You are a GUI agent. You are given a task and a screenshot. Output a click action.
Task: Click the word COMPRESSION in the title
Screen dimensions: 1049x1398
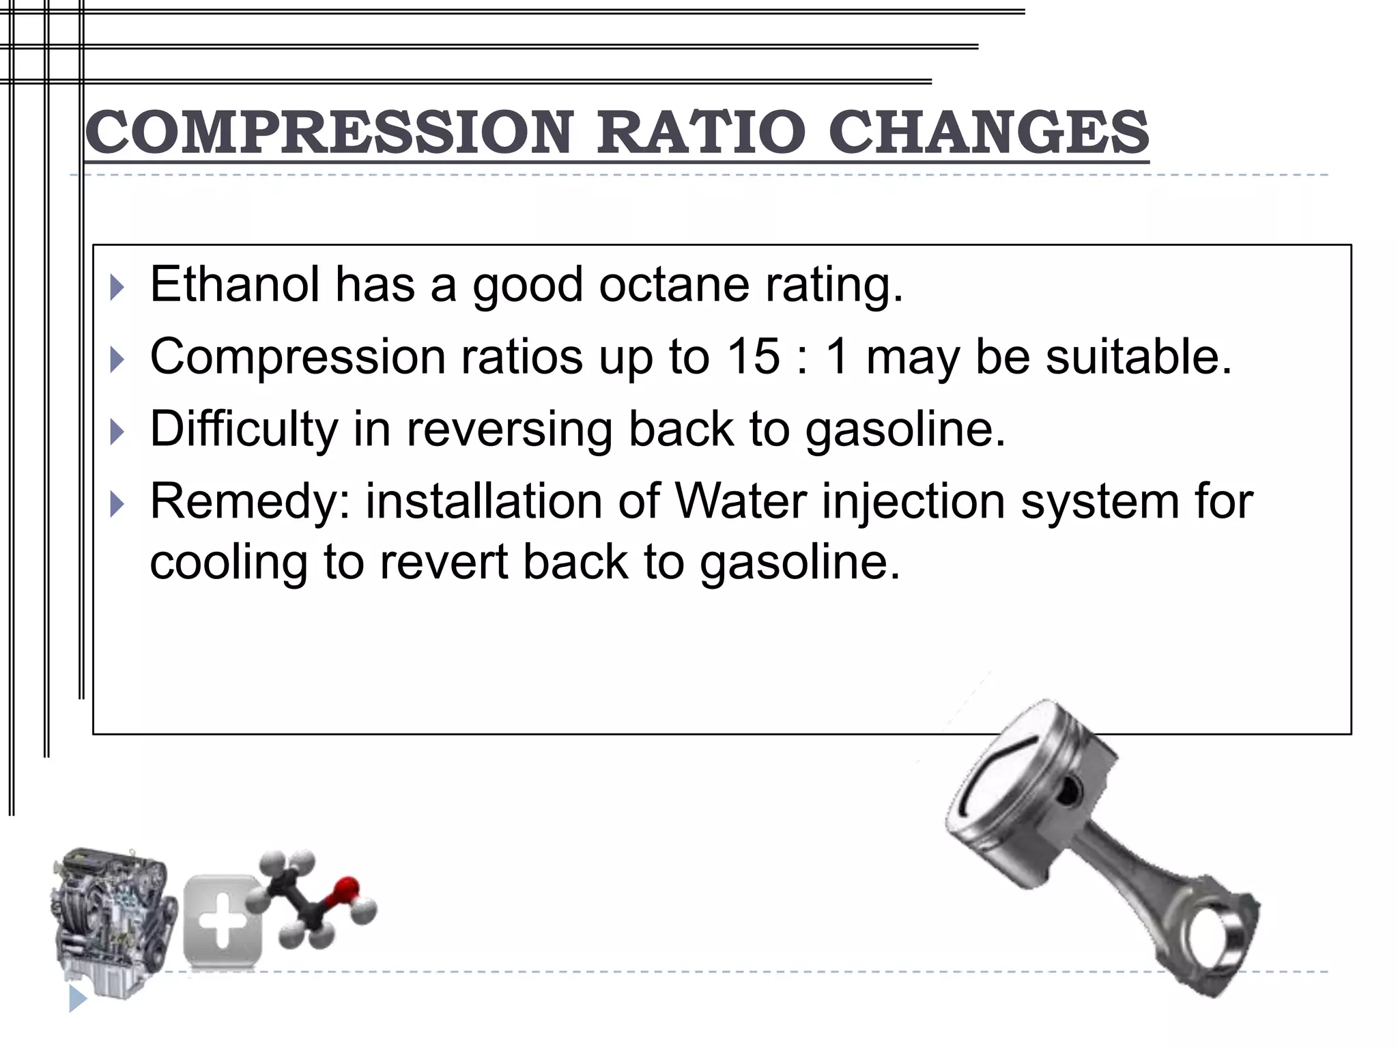328,132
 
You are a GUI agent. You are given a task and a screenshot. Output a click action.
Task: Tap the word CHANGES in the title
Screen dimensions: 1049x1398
989,132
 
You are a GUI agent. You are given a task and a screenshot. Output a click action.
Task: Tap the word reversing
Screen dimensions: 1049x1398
509,430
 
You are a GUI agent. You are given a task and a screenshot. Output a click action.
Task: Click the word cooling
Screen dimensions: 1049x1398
229,563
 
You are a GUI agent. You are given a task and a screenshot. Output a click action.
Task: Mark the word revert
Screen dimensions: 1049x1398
444,563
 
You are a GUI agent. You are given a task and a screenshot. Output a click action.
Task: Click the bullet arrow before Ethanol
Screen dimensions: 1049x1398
117,288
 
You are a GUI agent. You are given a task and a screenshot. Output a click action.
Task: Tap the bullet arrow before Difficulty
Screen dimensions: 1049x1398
117,432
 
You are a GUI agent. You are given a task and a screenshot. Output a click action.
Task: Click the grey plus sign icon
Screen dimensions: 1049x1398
223,921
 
